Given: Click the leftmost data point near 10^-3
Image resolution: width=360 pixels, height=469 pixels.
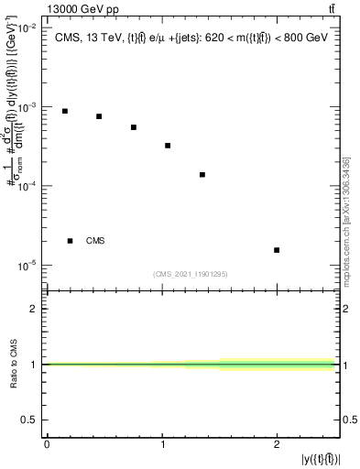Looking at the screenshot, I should (x=64, y=111).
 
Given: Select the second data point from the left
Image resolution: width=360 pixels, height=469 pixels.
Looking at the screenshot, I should (x=99, y=116).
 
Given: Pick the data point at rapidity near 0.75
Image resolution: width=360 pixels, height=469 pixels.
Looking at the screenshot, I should (x=134, y=127).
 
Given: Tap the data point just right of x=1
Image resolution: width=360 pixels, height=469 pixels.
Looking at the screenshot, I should (x=168, y=146).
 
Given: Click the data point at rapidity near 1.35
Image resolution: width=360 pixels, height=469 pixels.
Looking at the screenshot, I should (x=202, y=174).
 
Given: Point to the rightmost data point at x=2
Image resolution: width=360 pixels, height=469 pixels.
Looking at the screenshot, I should (x=277, y=250).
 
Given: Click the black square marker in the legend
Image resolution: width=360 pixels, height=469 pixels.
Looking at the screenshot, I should (x=70, y=241).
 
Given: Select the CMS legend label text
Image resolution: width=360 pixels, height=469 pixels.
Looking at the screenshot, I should (x=95, y=241).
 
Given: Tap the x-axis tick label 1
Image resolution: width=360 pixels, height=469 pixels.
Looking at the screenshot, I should (x=162, y=444).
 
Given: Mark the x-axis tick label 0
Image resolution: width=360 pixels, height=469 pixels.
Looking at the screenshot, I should (x=47, y=444).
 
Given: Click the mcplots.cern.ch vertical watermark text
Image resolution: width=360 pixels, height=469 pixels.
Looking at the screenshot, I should (x=347, y=229).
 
